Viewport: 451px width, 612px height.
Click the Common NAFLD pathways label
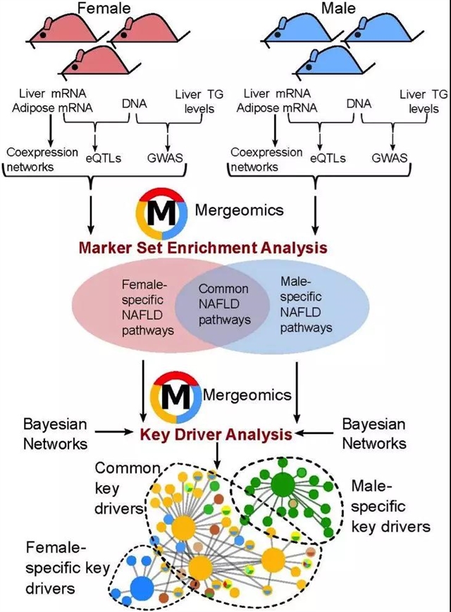[223, 304]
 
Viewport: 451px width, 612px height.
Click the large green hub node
[283, 484]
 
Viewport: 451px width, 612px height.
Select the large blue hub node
[142, 586]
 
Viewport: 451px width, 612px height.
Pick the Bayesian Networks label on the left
[56, 434]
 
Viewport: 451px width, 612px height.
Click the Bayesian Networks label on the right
[374, 434]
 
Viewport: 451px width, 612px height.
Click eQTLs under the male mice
[329, 158]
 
